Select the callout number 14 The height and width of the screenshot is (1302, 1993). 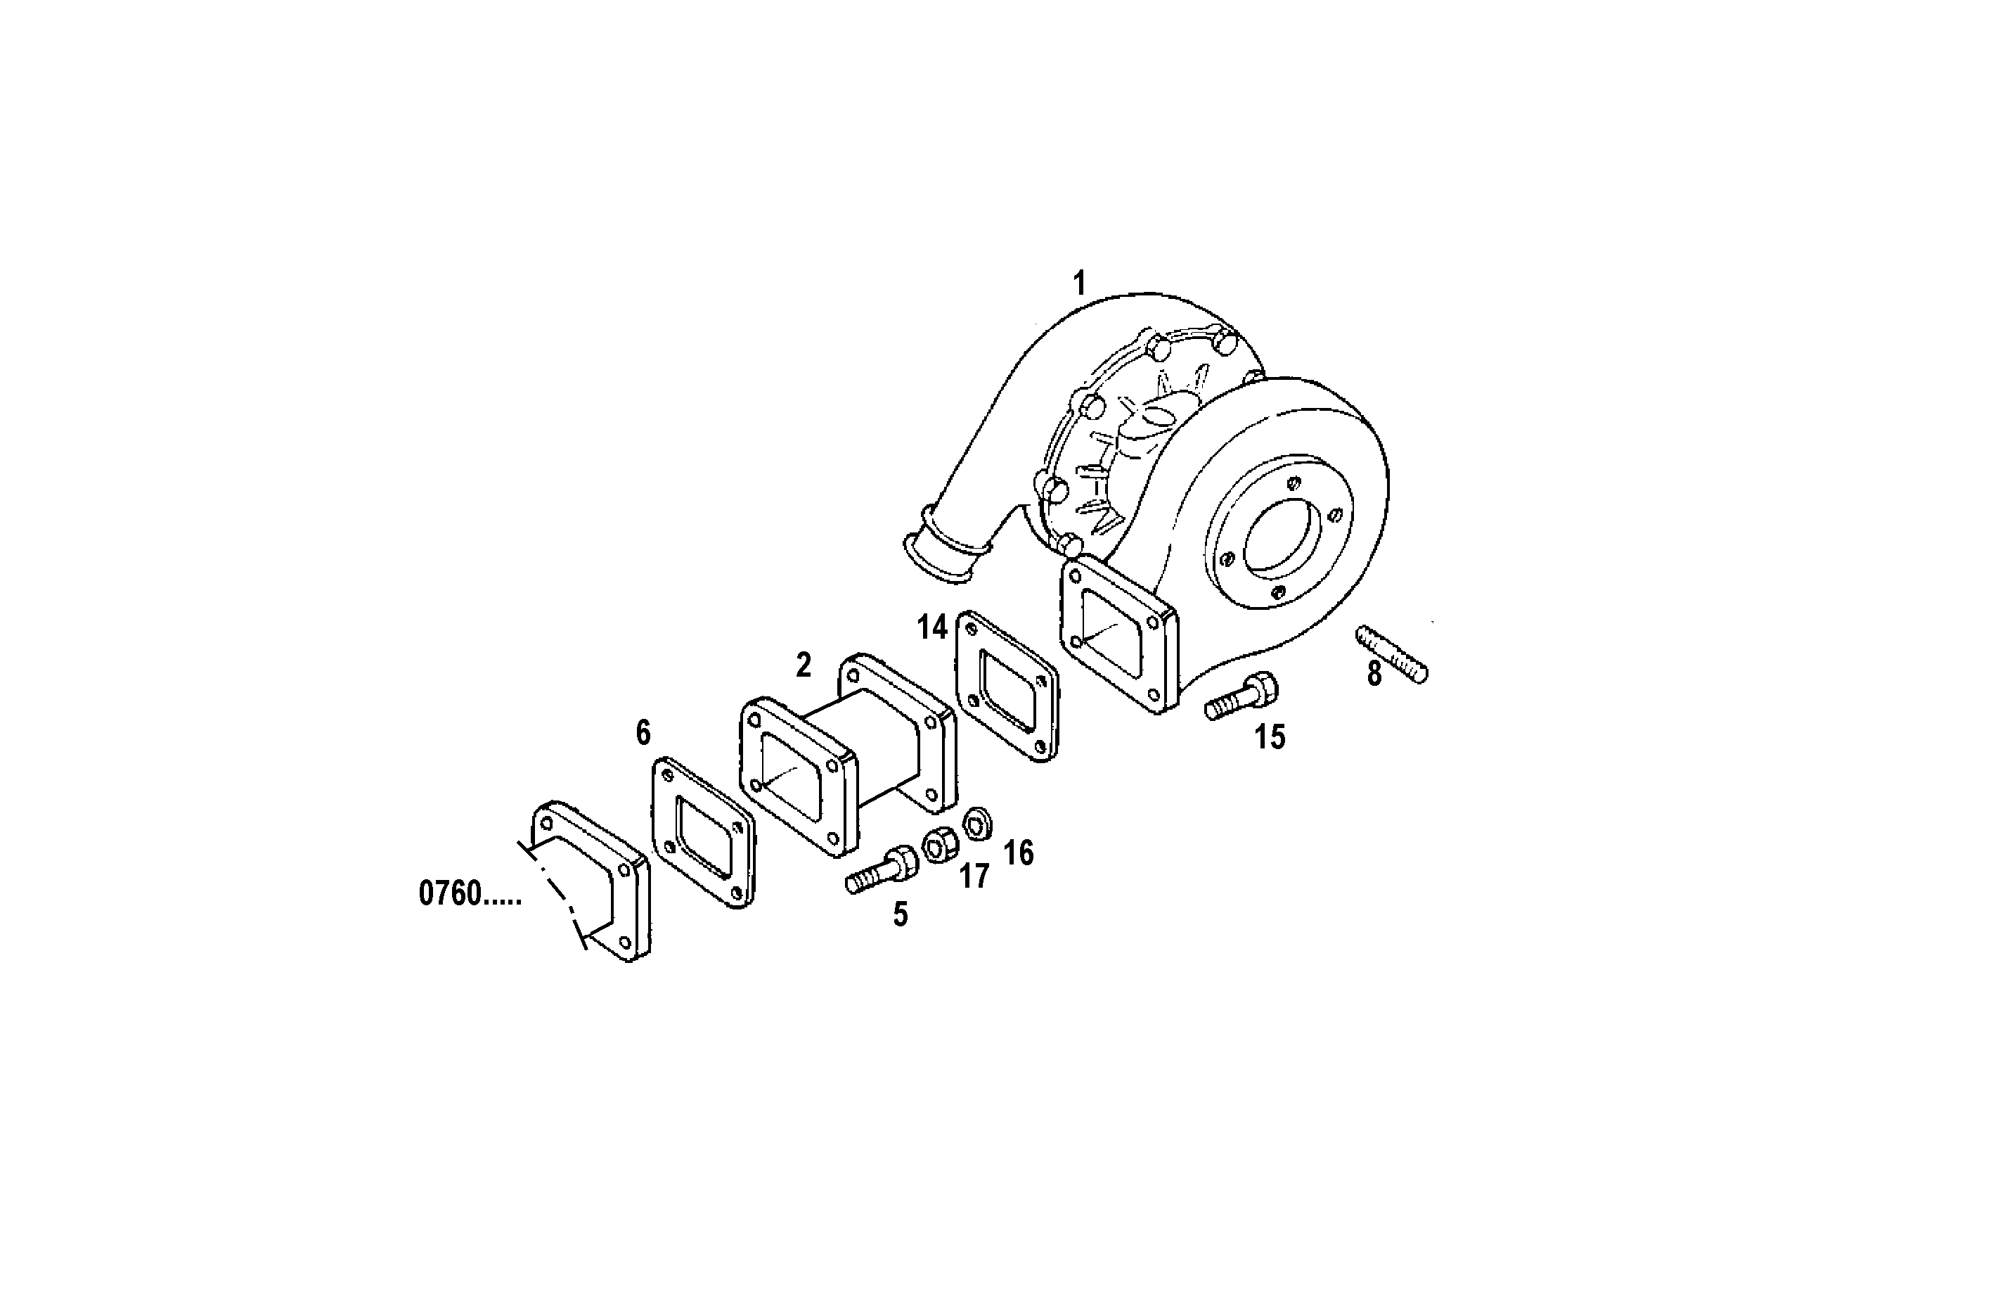coord(932,627)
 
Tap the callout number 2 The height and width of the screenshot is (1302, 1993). coord(803,665)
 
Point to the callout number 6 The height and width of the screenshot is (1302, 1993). coord(643,732)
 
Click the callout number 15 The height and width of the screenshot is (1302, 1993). coord(1270,737)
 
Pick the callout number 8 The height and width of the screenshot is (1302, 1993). coord(1374,674)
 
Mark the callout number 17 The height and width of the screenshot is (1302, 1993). coord(974,876)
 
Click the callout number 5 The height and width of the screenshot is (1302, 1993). coord(901,915)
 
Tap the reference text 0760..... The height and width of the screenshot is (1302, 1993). coord(469,894)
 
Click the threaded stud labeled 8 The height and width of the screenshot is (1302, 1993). coord(1392,653)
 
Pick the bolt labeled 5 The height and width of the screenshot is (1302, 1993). coord(882,872)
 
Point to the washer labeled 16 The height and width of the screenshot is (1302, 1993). coord(976,824)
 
